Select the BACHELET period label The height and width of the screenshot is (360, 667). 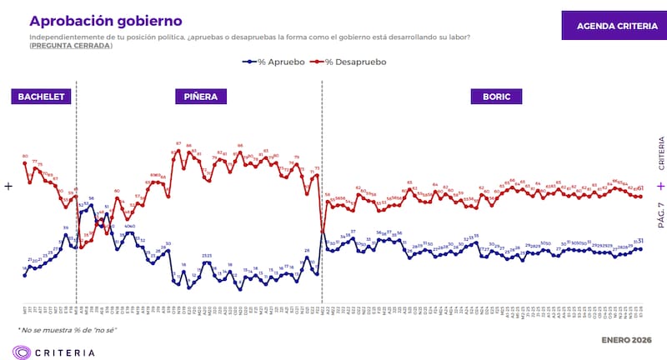coord(42,97)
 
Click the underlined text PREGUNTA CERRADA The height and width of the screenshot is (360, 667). coord(70,45)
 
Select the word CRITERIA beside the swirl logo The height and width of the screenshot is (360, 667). coord(67,352)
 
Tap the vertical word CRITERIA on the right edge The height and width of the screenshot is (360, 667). coord(660,153)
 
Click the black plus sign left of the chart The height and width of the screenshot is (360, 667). coord(9,187)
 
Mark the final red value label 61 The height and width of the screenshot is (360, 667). coord(640,188)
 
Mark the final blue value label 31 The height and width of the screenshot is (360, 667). coord(640,241)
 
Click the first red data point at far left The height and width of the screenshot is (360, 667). coord(25,162)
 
